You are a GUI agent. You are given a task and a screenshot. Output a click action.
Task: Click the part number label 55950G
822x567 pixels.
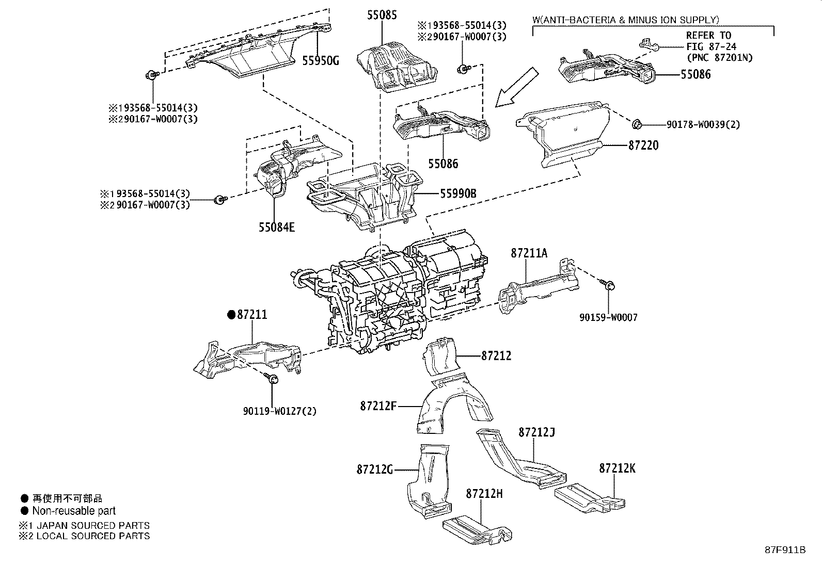point(320,61)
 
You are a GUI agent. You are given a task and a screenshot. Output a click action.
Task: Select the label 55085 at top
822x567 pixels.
point(382,15)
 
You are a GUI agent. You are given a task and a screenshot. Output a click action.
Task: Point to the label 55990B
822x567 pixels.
point(458,194)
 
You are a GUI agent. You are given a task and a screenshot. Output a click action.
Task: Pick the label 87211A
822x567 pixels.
point(529,253)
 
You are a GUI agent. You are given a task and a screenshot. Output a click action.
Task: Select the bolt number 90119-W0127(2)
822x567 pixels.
point(279,411)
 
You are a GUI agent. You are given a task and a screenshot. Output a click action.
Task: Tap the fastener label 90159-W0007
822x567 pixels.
point(608,317)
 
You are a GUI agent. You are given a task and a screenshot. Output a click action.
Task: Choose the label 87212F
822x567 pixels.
point(378,406)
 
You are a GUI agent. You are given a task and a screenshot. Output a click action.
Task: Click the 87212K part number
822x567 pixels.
point(617,468)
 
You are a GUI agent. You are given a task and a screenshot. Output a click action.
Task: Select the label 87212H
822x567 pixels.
point(484,494)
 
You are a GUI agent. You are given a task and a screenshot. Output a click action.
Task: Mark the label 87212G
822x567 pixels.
point(374,469)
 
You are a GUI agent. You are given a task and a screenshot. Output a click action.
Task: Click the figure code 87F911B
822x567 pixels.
point(785,549)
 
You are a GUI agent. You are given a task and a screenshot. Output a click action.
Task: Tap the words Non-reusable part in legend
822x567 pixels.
point(74,511)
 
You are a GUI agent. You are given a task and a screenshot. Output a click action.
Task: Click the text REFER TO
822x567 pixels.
point(708,35)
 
